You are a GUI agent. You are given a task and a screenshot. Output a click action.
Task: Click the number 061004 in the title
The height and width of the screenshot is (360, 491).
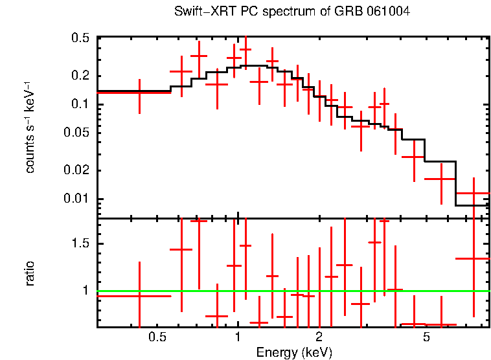click(x=387, y=12)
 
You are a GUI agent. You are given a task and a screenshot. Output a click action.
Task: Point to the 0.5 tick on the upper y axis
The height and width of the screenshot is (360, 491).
click(x=80, y=38)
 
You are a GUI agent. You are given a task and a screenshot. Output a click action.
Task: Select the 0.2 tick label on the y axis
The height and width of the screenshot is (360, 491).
click(x=80, y=76)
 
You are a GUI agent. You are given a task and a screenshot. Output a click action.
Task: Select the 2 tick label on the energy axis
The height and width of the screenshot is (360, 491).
click(x=319, y=337)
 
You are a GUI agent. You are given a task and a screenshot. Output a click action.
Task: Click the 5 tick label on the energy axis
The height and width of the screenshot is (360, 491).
click(x=426, y=337)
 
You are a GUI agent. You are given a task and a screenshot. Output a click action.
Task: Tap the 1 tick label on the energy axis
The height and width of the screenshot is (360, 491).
click(x=238, y=337)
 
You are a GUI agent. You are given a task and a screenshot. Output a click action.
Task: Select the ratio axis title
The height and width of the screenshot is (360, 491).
click(x=30, y=273)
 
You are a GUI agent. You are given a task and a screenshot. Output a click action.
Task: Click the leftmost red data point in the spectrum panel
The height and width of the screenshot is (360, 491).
click(x=139, y=93)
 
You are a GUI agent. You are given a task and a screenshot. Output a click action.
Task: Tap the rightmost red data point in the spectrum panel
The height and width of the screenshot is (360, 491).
click(x=474, y=193)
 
